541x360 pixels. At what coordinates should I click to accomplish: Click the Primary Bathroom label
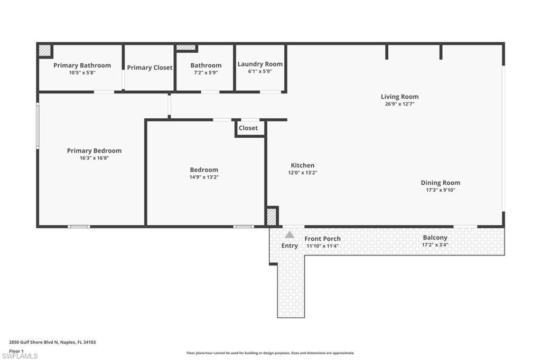(x=82, y=65)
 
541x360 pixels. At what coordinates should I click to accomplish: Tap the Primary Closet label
(x=150, y=68)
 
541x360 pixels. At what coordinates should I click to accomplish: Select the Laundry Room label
(x=260, y=64)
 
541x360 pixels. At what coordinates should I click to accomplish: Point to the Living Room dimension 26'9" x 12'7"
(x=399, y=104)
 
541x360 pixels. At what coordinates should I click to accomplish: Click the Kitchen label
(x=302, y=165)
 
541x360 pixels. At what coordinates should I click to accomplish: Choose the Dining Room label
(x=440, y=183)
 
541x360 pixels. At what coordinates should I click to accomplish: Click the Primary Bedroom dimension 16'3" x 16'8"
(x=94, y=158)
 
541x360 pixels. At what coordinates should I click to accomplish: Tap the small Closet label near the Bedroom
(x=248, y=128)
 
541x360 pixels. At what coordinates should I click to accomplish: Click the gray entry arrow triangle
(x=290, y=235)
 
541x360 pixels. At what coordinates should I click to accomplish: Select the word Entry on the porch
(x=290, y=245)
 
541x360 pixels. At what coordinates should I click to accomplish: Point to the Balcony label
(x=435, y=238)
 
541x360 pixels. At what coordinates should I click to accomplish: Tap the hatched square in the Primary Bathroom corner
(x=45, y=50)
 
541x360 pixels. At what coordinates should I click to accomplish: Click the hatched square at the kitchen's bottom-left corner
(x=271, y=217)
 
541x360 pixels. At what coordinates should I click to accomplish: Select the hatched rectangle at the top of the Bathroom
(x=185, y=48)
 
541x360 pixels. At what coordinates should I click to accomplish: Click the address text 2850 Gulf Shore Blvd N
(x=52, y=342)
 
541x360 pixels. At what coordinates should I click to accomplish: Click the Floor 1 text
(x=17, y=350)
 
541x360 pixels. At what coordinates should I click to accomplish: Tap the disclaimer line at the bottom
(x=270, y=353)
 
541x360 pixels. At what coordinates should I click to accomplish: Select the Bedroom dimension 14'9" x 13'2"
(x=204, y=177)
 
